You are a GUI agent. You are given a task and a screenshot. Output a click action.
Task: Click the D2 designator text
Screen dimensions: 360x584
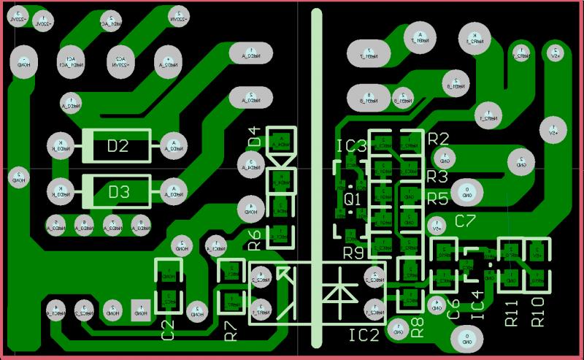(118, 147)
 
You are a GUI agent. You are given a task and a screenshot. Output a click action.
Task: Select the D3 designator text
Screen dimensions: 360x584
(118, 192)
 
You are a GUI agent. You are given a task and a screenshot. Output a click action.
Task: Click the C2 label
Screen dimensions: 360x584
(168, 329)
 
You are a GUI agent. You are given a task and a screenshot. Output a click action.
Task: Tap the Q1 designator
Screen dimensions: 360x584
(352, 199)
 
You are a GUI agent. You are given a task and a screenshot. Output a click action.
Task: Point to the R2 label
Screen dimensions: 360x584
(438, 139)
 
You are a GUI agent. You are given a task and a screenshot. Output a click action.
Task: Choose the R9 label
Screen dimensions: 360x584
(355, 253)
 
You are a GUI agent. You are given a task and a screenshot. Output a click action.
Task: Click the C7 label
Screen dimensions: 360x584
(465, 221)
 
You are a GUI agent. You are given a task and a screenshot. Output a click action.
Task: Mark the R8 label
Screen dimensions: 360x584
(418, 326)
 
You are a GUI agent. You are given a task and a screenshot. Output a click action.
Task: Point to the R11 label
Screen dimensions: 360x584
(511, 311)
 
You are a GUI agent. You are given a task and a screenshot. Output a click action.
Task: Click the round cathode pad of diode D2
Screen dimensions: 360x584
(60, 146)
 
